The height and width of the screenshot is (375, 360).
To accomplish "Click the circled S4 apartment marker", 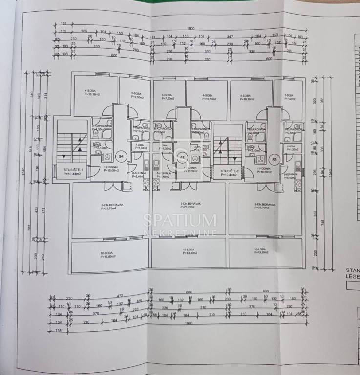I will click(x=122, y=156).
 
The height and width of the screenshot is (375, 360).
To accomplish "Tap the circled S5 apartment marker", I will click(x=183, y=158).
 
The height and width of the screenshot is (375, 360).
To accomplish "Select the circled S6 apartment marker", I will click(x=275, y=159).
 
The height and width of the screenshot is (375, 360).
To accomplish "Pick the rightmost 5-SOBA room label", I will click(x=290, y=97).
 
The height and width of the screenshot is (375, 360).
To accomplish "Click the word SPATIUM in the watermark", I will click(x=180, y=220).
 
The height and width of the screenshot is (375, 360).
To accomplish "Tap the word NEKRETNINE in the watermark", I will click(x=180, y=233).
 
